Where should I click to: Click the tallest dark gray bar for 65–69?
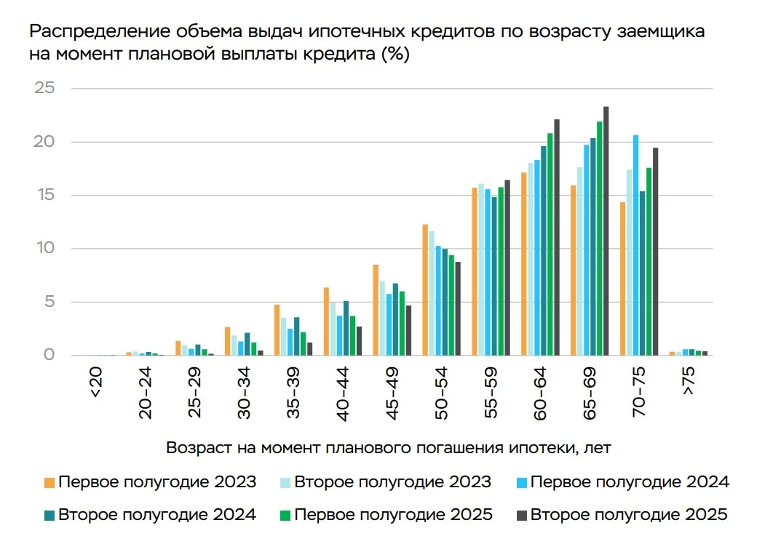(x=606, y=231)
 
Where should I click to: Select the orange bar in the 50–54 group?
(x=425, y=290)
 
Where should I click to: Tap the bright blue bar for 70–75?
(x=635, y=245)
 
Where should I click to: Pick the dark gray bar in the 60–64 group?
(x=557, y=237)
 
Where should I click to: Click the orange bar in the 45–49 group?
(x=376, y=310)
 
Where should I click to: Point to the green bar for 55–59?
(x=501, y=271)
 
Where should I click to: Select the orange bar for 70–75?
(x=622, y=279)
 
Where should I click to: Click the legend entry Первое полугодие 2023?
(x=150, y=482)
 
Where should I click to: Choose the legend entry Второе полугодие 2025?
(x=622, y=515)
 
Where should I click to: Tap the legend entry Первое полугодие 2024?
(x=623, y=482)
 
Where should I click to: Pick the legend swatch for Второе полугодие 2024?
(x=49, y=515)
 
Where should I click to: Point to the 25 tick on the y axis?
(x=44, y=88)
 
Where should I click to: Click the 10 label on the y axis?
(x=45, y=247)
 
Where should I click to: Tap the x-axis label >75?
(x=688, y=381)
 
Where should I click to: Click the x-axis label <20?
(x=96, y=382)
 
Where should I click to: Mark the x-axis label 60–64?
(x=540, y=394)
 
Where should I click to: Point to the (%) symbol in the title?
(x=395, y=54)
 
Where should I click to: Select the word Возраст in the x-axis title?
(x=199, y=447)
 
